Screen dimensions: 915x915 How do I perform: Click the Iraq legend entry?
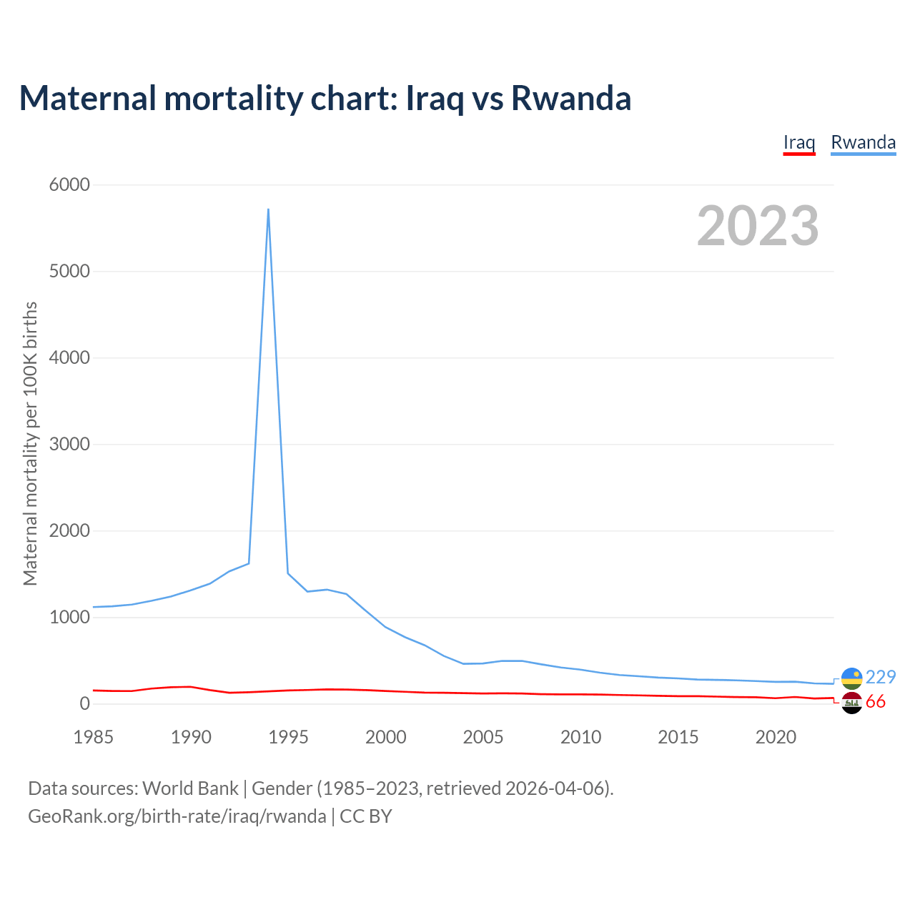coord(799,142)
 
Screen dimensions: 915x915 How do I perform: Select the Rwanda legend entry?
coord(863,142)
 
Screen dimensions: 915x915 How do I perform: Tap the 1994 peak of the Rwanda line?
coord(268,209)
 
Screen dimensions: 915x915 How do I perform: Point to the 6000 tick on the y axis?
coord(69,185)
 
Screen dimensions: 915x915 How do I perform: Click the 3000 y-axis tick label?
coord(69,445)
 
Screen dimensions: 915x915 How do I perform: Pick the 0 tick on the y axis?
coord(85,704)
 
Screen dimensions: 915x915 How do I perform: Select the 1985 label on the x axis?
coord(93,737)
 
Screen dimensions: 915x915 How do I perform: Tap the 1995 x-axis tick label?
coord(288,737)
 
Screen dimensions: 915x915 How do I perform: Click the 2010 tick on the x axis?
coord(580,737)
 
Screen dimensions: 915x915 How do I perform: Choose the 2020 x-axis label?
coord(776,737)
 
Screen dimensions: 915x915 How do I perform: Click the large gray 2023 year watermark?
coord(758,226)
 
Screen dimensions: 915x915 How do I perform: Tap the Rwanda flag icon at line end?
coord(852,678)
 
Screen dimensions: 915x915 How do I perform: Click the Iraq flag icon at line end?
coord(852,703)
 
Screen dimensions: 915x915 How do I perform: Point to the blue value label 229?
coord(881,677)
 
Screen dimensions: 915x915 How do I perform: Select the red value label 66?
coord(876,702)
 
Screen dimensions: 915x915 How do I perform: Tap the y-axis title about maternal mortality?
coord(30,444)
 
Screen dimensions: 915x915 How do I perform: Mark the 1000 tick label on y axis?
coord(69,618)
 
